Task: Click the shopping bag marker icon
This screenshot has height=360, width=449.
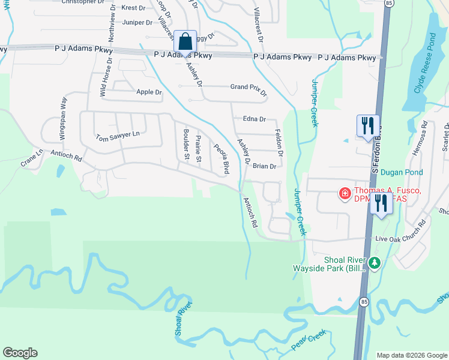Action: coord(185,42)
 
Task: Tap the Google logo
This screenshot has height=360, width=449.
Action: coord(20,353)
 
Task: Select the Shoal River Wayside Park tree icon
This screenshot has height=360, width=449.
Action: coord(375,263)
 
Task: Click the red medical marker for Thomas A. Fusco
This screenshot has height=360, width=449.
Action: coord(345,193)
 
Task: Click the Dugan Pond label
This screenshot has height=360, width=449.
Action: coord(402,172)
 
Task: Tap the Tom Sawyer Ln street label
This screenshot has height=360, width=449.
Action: coord(117,137)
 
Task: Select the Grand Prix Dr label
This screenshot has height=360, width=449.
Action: coord(249,88)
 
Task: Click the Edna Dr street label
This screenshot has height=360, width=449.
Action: coord(254,119)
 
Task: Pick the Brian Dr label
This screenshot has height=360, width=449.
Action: coord(264,166)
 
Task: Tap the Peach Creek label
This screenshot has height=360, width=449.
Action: coord(308,340)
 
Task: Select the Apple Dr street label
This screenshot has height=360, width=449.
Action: coord(149,92)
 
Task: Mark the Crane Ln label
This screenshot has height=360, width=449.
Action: coord(32,158)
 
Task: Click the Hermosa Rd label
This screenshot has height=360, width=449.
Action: coord(423,139)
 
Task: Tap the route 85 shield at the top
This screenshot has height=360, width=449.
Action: coord(390,4)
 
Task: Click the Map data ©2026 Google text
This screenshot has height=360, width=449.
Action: coord(411,355)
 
